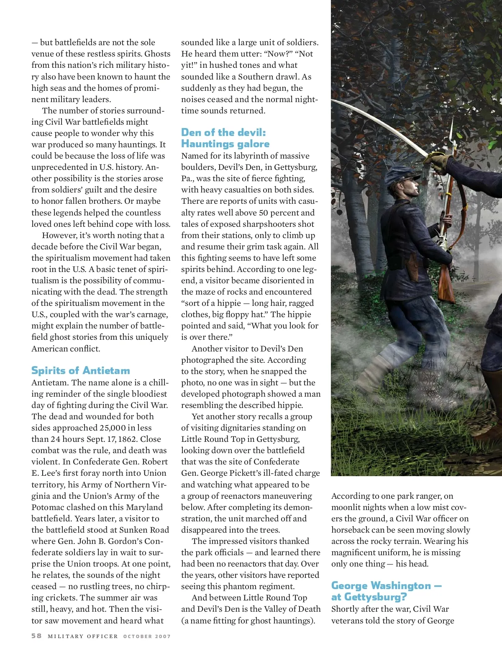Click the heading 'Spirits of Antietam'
(81, 370)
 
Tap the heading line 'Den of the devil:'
(223, 133)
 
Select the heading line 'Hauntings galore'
(225, 144)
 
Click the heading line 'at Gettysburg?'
(369, 597)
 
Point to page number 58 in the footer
(36, 636)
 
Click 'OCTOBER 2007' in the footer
(147, 636)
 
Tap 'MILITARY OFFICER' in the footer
(83, 636)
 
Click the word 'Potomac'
(47, 507)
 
